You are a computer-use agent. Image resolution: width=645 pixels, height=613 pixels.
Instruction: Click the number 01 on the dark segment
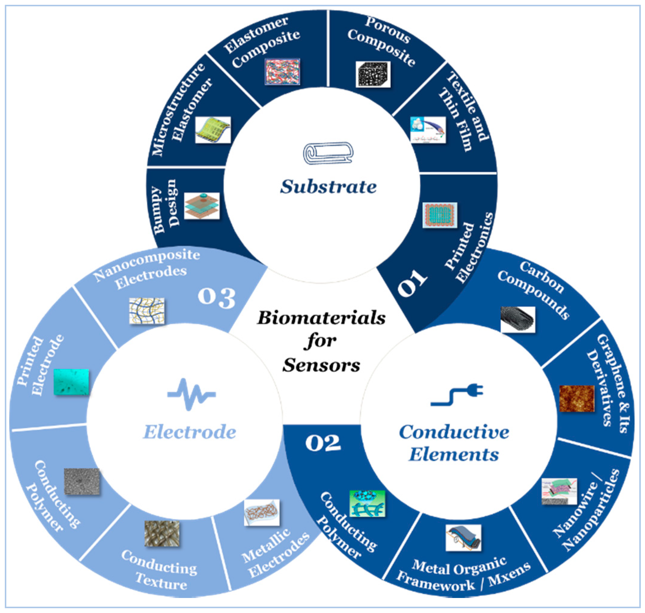412,283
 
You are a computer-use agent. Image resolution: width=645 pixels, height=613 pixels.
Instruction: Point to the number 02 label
322,444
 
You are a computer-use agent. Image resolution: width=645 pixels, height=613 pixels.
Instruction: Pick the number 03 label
216,298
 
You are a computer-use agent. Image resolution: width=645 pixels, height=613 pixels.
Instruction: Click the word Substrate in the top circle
328,187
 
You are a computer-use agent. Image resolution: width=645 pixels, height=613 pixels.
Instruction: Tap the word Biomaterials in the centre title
321,318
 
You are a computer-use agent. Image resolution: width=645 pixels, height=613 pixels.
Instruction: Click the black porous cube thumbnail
373,74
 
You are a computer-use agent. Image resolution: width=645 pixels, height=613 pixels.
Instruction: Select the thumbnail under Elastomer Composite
282,72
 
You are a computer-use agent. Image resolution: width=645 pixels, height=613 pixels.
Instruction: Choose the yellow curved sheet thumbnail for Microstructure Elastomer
213,130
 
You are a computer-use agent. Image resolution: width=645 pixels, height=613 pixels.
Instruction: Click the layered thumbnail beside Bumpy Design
202,206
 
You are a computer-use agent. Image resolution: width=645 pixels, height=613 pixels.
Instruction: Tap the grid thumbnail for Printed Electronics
440,215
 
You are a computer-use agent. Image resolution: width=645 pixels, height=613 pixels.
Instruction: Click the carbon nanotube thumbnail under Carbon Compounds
518,319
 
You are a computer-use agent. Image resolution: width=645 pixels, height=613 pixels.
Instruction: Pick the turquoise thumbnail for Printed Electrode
71,382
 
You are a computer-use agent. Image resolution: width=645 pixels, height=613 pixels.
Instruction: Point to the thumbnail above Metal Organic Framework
463,538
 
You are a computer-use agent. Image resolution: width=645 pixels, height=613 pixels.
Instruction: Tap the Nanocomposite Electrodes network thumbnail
147,311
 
